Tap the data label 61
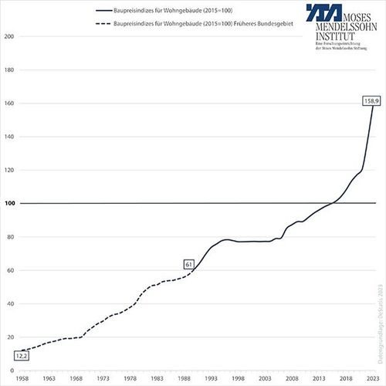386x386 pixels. click(x=188, y=264)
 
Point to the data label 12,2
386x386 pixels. click(x=22, y=356)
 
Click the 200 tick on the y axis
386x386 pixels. click(x=10, y=37)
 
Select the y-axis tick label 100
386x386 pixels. click(x=10, y=204)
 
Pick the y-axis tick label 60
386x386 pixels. click(x=10, y=270)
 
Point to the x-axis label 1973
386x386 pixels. click(x=104, y=379)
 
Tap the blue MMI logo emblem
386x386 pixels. click(x=305, y=20)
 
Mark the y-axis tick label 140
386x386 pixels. click(x=10, y=137)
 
